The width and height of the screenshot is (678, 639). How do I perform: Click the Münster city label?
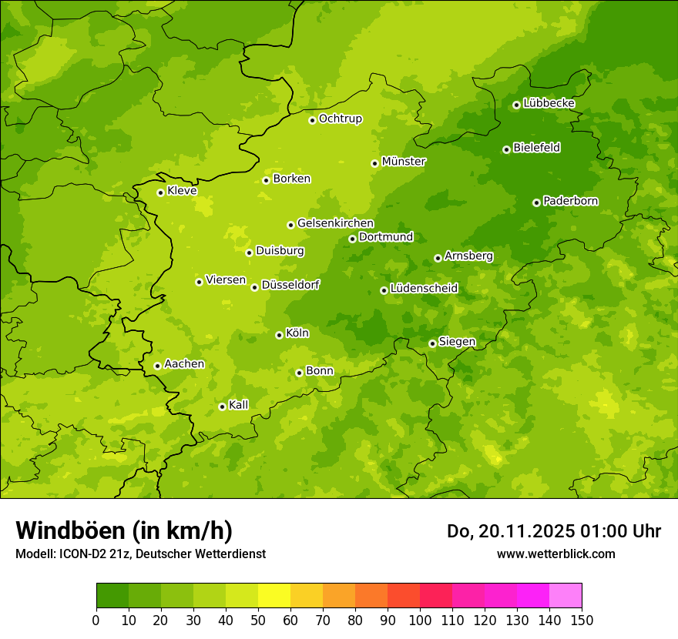coord(404,162)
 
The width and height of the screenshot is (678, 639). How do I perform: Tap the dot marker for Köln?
coord(279,335)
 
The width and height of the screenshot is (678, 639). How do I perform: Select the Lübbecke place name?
coord(549,103)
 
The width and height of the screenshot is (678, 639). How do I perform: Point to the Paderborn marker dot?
coord(536,202)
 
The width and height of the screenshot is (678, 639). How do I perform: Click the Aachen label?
coord(184,363)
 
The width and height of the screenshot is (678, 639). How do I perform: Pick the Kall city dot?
coord(222,406)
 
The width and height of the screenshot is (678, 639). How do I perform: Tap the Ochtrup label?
coord(340,119)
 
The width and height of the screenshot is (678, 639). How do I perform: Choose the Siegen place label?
coord(457,341)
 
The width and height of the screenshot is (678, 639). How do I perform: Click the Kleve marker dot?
coord(160,192)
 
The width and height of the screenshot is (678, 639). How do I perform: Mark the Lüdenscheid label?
coord(424,288)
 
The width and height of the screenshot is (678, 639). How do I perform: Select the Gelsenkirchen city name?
coord(335,223)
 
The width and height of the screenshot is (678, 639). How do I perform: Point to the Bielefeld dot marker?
coord(506,149)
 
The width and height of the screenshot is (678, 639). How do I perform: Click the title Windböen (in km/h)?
coord(124,530)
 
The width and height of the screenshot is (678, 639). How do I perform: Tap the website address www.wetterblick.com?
coord(555,554)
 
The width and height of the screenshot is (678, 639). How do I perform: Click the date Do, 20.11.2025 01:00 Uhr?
coord(554,531)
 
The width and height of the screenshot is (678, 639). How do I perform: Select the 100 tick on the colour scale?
coord(420,620)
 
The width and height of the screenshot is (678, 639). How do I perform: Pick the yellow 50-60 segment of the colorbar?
coord(274,595)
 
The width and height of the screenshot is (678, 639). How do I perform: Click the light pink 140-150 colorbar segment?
coord(566,595)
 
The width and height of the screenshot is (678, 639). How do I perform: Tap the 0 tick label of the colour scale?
coord(96,620)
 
